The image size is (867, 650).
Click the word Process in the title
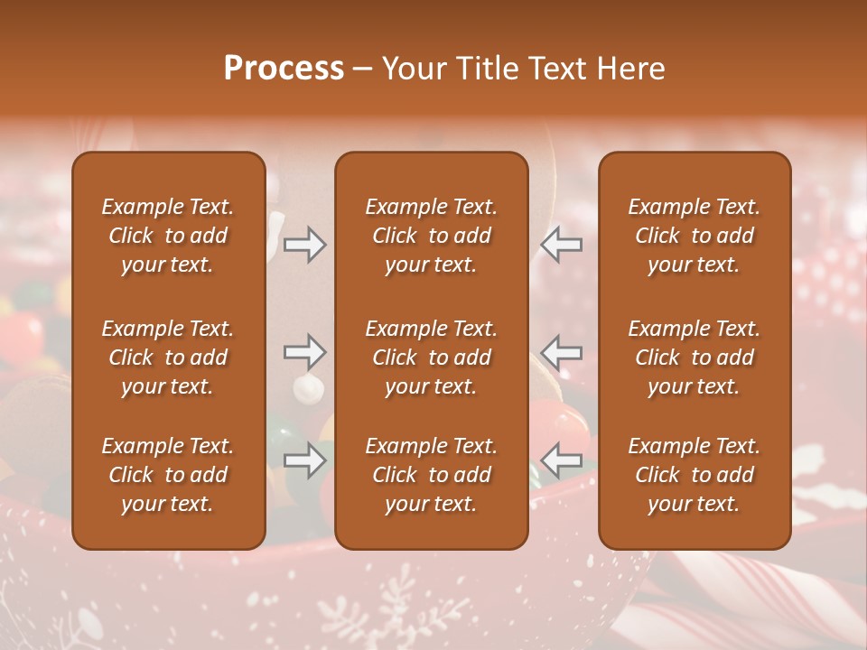[284, 69]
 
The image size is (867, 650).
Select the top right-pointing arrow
[304, 245]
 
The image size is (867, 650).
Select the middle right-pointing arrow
[304, 351]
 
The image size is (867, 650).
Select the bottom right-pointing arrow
[304, 461]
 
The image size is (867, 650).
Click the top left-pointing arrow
[561, 245]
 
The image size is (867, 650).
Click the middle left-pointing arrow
[561, 351]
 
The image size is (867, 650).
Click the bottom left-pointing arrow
[561, 461]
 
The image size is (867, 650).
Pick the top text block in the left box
[168, 236]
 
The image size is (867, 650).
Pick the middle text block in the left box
[168, 357]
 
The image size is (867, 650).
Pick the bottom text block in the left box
[168, 475]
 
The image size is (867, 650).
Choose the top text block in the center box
[431, 236]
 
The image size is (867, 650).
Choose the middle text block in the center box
[431, 357]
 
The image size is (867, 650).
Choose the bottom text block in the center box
[431, 475]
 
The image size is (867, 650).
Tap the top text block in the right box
[694, 236]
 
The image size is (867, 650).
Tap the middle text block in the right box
[694, 357]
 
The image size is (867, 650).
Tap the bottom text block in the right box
[694, 475]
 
